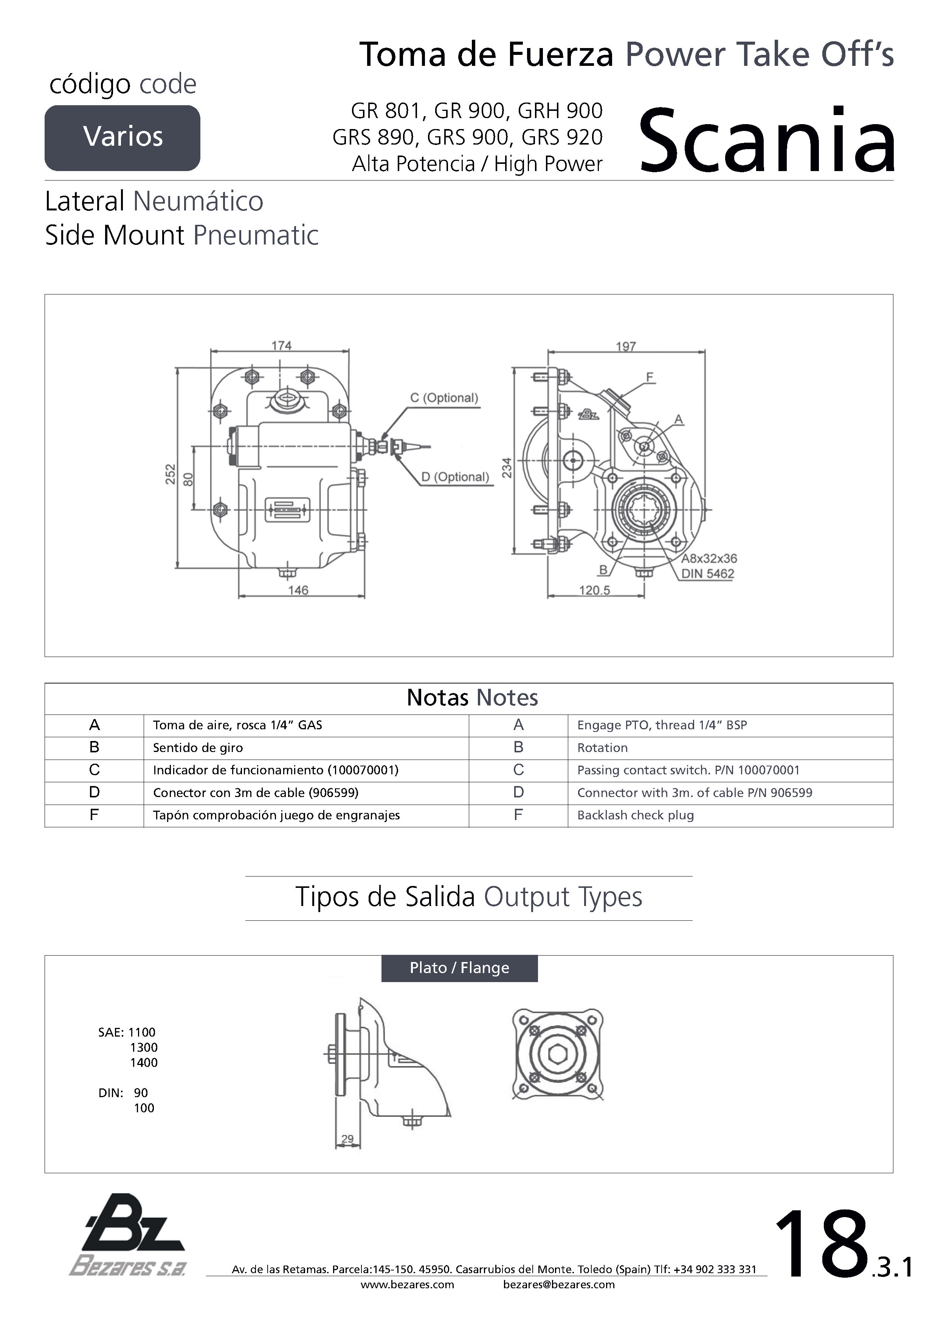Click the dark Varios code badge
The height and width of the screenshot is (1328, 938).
point(122,138)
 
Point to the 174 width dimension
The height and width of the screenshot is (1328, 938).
point(281,345)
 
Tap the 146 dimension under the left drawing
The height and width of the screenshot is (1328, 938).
point(298,590)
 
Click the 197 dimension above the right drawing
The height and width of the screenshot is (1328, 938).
point(626,346)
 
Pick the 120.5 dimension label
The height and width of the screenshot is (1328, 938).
point(595,590)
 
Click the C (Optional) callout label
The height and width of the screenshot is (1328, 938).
point(444,398)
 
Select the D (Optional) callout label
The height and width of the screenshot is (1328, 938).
point(455,476)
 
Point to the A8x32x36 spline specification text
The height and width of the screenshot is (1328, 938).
point(709,558)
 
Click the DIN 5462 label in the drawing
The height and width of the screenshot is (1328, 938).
point(707,574)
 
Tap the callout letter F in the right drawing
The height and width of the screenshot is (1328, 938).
point(650,377)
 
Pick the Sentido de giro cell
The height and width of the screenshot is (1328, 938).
point(198,748)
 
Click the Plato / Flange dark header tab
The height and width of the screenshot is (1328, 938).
point(459,968)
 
